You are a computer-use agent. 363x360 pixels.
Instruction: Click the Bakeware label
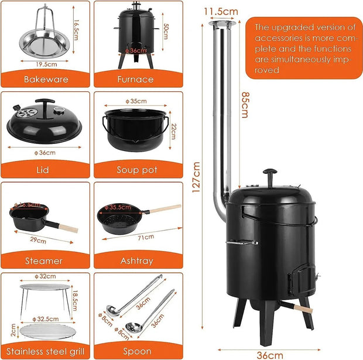pos(45,79)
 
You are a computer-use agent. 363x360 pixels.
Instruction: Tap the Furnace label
pos(136,79)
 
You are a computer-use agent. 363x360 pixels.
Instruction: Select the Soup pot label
pos(136,170)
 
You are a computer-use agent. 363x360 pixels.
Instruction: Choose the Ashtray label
pos(136,260)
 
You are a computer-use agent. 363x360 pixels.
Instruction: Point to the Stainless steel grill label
pos(45,351)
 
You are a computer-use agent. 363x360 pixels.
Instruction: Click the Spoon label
pos(136,351)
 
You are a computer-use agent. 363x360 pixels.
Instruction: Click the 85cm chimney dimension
pos(245,105)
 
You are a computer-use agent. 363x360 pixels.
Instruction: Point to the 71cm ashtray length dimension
pos(146,237)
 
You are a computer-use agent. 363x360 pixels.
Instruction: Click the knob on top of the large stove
pos(270,174)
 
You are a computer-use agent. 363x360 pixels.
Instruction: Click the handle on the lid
pos(45,103)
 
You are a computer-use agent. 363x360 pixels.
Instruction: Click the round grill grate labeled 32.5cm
pos(46,330)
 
